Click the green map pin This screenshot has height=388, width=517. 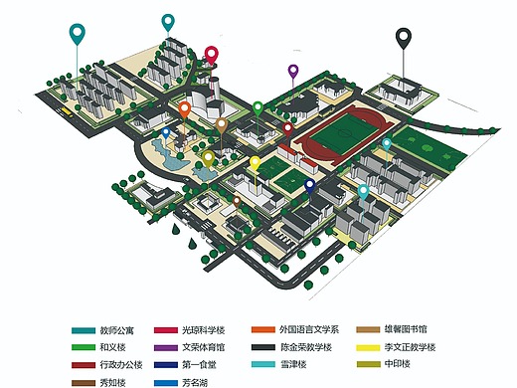(x=258, y=107)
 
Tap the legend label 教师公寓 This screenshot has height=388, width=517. (x=117, y=329)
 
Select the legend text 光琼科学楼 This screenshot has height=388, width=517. (x=204, y=329)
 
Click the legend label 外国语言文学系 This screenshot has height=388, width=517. (x=308, y=329)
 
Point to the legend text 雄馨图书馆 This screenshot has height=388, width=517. (x=408, y=329)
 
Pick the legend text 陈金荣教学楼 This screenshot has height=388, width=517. (x=305, y=347)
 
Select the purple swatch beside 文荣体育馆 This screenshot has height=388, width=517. (x=162, y=347)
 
